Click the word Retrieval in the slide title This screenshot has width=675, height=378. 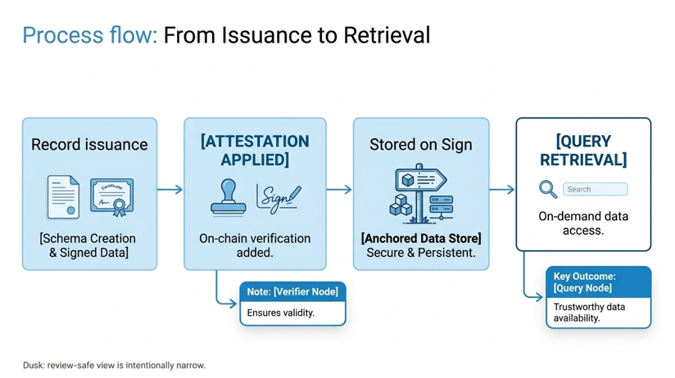pos(387,35)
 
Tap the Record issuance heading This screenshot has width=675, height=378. pos(89,145)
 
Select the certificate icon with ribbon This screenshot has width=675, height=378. pos(112,197)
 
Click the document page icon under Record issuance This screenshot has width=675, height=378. pos(63,197)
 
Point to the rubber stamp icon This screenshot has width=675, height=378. pos(229,197)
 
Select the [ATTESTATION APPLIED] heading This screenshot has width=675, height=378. pos(255,150)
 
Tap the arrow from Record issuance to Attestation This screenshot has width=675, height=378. pos(170,189)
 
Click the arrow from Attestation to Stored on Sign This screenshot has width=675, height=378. pos(339,189)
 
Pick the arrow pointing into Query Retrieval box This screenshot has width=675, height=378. pos(502,189)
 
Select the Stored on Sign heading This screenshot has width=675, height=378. pos(421,145)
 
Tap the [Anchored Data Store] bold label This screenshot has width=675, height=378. pos(421,238)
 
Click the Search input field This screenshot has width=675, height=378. pos(596,189)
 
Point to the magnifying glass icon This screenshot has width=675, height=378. pos(548,189)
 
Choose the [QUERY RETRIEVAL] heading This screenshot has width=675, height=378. pos(583,150)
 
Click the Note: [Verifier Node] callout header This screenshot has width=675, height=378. pos(292,291)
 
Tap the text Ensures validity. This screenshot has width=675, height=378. pos(281,313)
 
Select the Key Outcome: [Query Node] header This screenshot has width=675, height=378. pos(598,282)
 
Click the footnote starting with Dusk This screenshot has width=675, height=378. pos(114,365)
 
